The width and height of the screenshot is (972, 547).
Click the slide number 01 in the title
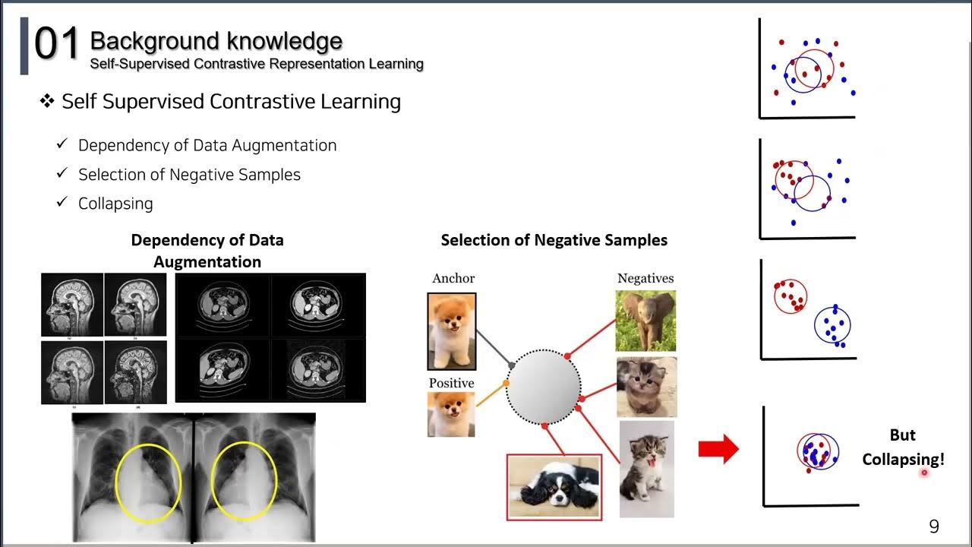[x=57, y=44]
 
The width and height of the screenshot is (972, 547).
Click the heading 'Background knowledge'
[x=216, y=40]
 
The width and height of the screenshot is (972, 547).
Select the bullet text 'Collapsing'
[x=115, y=204]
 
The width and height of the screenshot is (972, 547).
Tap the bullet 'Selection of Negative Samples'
[x=189, y=175]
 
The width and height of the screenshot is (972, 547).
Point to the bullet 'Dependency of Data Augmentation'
[x=207, y=145]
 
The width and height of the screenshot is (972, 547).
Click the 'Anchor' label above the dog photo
[x=453, y=278]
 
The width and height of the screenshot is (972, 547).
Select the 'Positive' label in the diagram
[x=451, y=383]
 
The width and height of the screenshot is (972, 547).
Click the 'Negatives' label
[x=645, y=278]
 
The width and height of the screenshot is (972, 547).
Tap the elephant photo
[x=645, y=321]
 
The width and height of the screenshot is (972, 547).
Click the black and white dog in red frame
[x=554, y=486]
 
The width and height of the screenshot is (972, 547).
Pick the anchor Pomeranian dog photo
[x=452, y=330]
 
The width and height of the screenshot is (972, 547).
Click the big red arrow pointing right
[x=718, y=448]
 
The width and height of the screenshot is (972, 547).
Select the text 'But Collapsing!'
[x=902, y=447]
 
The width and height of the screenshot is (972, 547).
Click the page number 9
[x=934, y=526]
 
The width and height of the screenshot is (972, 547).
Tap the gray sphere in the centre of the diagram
[x=543, y=386]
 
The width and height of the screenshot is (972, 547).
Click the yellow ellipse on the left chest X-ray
[x=149, y=482]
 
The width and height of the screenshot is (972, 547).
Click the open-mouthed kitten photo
[x=646, y=470]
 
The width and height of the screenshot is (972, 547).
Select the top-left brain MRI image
[x=72, y=305]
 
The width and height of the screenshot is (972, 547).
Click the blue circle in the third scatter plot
[x=832, y=326]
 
